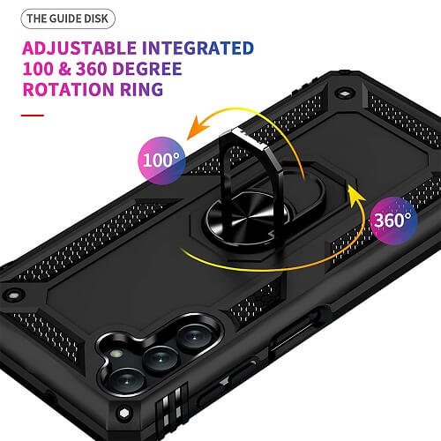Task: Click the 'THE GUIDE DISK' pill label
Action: click(68, 19)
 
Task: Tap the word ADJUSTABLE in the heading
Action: click(79, 49)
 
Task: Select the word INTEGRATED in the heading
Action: click(198, 49)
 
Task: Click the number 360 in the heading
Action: click(92, 69)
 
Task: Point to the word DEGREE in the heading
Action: click(147, 69)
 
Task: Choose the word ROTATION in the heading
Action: click(68, 89)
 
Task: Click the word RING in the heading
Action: click(141, 89)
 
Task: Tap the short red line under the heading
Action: click(33, 116)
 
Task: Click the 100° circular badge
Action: click(161, 161)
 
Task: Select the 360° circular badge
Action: click(393, 220)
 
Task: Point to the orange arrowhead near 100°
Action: click(198, 129)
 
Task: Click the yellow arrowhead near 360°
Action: click(355, 193)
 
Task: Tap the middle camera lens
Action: click(161, 359)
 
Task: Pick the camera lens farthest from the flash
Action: click(194, 337)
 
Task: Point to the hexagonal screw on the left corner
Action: click(12, 295)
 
